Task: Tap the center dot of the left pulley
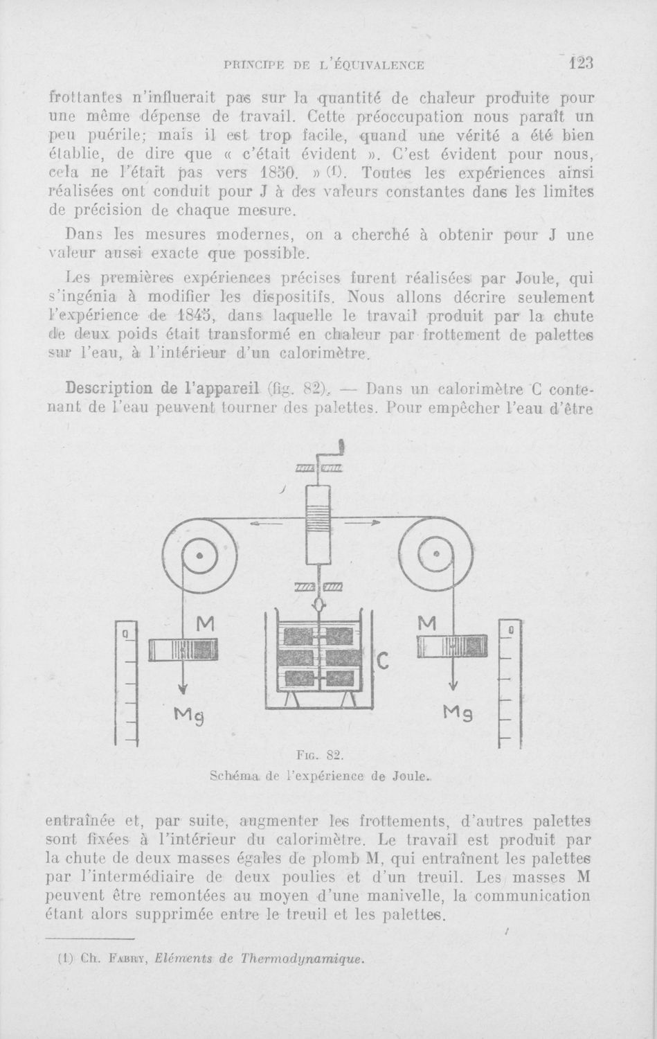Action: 199,556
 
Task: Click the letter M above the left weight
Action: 204,625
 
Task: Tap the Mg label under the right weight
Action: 457,713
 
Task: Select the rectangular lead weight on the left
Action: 183,650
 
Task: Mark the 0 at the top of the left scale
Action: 125,633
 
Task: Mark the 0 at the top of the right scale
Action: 510,630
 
